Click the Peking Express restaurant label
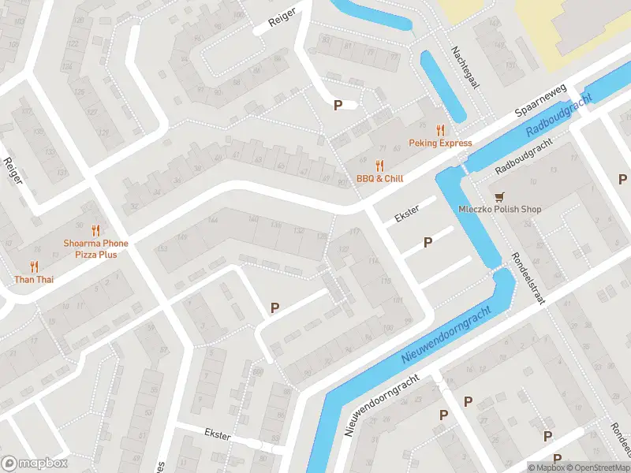(x=440, y=143)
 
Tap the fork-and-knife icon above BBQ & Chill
(x=379, y=166)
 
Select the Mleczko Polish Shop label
(x=500, y=209)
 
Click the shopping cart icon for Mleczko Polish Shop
(x=498, y=196)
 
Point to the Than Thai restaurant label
(x=34, y=279)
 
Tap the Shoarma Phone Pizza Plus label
(x=95, y=249)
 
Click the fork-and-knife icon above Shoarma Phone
(x=95, y=230)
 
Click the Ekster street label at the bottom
(x=217, y=434)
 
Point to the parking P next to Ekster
(x=428, y=243)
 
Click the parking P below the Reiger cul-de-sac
(x=338, y=105)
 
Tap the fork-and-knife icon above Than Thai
(x=34, y=266)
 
